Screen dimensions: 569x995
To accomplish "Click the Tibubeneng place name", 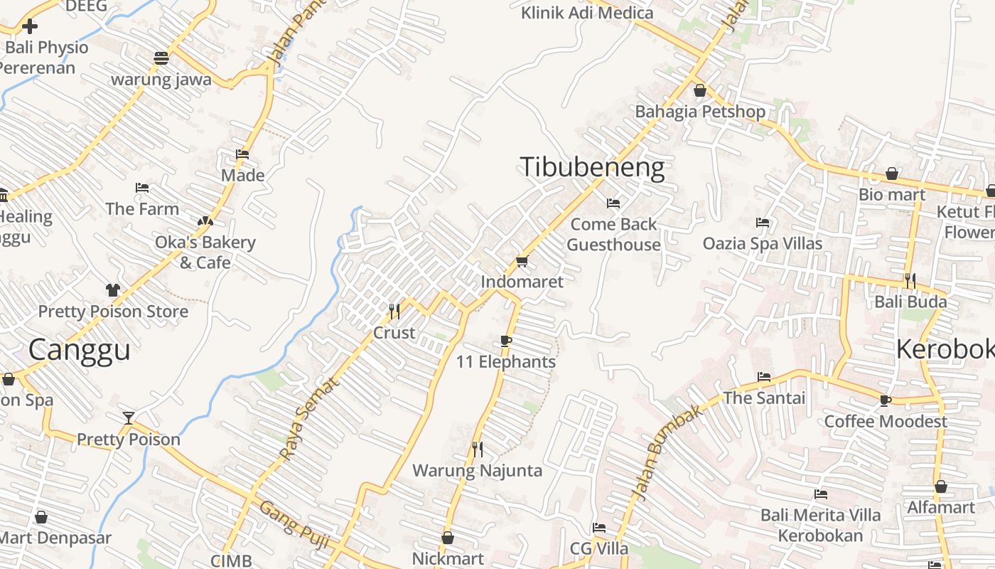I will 593,167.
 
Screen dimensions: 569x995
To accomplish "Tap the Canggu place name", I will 80,350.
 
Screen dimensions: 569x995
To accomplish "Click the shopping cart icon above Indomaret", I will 522,262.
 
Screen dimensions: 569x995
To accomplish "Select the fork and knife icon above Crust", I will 394,311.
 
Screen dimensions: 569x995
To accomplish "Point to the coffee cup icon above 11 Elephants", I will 506,341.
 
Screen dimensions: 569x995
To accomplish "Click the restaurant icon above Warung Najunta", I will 478,449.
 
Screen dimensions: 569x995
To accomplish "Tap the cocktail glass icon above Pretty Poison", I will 129,418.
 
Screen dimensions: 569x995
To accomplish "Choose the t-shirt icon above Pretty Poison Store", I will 113,290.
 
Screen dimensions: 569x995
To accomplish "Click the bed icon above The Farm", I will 142,188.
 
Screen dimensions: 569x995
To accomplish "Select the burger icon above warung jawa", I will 161,58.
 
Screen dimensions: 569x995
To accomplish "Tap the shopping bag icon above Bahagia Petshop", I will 700,91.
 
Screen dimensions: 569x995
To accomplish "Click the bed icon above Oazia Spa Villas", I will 763,223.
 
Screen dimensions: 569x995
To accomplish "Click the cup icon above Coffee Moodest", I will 886,400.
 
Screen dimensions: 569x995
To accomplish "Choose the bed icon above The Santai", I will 764,376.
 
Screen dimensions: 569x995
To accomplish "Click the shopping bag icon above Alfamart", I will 941,487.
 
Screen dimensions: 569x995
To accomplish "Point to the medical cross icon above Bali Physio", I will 30,27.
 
